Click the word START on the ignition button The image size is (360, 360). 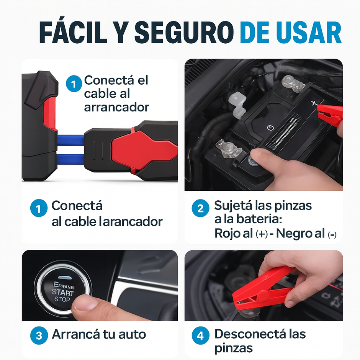pos(63,293)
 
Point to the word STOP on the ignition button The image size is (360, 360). pos(62,299)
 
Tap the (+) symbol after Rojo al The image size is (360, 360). pos(262,234)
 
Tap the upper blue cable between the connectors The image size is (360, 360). pos(71,139)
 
